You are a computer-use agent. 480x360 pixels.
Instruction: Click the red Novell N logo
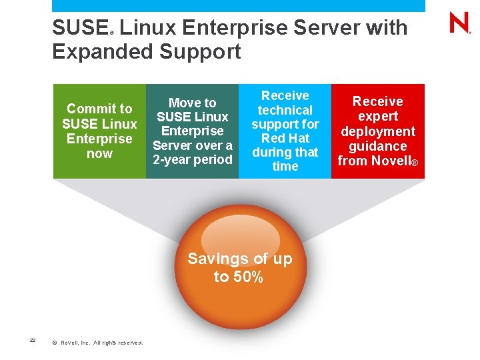[x=460, y=23]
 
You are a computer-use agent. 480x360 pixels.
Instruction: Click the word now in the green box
[x=99, y=153]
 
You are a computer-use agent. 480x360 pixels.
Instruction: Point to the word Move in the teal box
[x=183, y=103]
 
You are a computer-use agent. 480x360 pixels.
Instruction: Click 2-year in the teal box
[x=169, y=159]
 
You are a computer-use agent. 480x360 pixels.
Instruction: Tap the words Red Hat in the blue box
[x=285, y=138]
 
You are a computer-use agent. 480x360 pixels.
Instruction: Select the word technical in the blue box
[x=285, y=110]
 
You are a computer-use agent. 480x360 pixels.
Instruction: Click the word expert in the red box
[x=378, y=116]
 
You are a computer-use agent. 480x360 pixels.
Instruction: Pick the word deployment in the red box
[x=378, y=131]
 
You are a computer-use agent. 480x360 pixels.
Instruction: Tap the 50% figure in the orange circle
[x=247, y=277]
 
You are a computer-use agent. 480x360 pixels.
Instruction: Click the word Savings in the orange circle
[x=217, y=259]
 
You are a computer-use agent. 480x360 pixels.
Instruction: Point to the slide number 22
[x=33, y=341]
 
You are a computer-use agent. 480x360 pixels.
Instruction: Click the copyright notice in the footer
[x=97, y=343]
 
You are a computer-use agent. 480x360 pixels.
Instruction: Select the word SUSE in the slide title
[x=79, y=28]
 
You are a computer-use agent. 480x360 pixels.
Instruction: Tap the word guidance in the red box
[x=378, y=146]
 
